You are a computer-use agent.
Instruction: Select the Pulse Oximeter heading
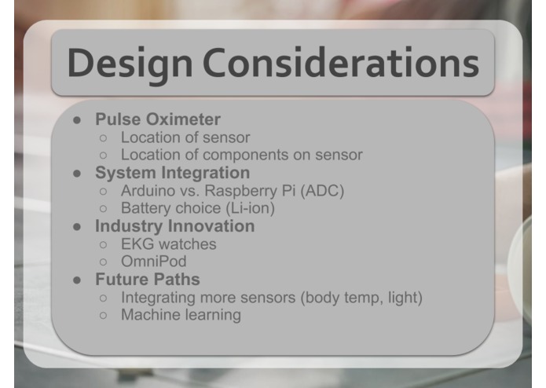[x=157, y=119]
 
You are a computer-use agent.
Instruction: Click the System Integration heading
[x=172, y=173]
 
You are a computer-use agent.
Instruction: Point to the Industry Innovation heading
[x=174, y=226]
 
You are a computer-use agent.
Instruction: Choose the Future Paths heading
[x=147, y=280]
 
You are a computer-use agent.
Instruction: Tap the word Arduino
[x=149, y=191]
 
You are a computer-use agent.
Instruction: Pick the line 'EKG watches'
[x=168, y=244]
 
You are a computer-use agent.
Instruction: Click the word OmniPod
[x=155, y=262]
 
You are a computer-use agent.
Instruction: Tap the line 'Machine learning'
[x=181, y=315]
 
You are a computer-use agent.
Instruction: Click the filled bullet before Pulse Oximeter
[x=78, y=120]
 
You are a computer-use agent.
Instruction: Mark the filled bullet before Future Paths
[x=78, y=280]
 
